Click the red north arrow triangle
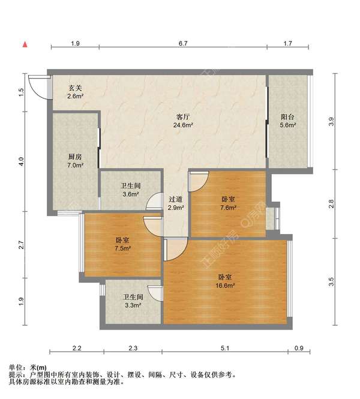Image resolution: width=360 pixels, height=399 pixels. point(25,44)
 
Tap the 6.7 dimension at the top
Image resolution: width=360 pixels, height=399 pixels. point(183,43)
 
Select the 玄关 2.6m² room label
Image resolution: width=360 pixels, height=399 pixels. point(76,92)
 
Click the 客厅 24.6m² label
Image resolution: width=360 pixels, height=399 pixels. point(183,121)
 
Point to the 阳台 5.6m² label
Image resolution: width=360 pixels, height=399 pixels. point(288,121)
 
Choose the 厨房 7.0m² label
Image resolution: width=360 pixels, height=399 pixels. point(76,161)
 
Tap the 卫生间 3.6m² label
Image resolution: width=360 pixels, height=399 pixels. point(131,190)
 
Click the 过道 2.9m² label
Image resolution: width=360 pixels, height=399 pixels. point(176,203)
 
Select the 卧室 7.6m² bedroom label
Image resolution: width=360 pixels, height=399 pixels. point(228,203)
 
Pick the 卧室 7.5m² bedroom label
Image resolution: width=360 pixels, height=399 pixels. point(122,244)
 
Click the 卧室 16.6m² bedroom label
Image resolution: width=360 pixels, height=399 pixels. point(225,281)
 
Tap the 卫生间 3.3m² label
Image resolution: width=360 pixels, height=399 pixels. point(133,301)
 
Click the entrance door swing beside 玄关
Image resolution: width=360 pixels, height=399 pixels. point(38,86)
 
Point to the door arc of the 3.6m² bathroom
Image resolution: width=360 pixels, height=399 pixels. point(154,201)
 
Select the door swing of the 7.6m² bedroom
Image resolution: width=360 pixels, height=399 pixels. point(199,182)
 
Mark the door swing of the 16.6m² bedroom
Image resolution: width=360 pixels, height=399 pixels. point(176,250)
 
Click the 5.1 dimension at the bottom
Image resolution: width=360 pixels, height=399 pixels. point(225,348)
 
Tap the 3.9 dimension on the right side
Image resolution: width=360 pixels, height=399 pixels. point(331,121)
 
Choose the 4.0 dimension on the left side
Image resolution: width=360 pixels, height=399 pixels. point(22,162)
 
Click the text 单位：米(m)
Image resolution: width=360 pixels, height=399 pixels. point(28,367)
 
